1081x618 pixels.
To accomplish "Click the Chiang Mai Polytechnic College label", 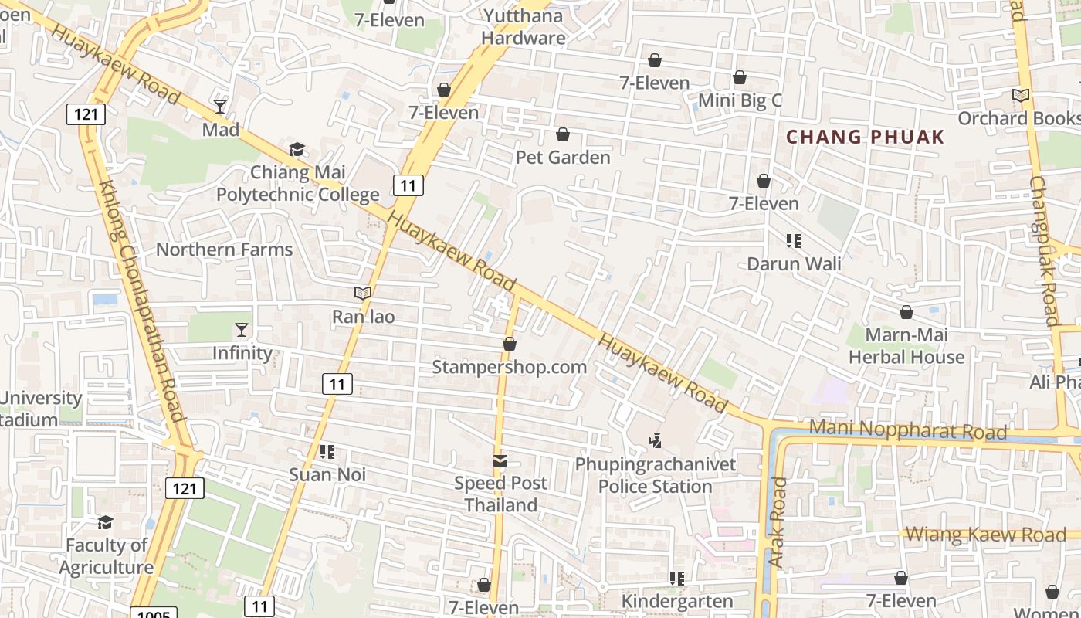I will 297,183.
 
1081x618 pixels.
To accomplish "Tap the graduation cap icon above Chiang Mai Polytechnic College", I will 297,149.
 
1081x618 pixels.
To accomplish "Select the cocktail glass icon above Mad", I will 220,106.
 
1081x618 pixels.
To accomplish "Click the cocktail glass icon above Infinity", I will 242,330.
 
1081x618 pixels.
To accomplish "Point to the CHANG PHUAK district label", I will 865,138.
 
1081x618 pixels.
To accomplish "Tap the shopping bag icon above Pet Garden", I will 563,134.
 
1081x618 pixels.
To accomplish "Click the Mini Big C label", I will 740,100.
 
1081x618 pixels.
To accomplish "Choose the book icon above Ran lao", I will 363,293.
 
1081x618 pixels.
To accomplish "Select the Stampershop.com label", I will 509,366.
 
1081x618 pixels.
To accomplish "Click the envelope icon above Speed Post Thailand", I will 500,461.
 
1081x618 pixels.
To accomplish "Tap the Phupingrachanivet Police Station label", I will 655,475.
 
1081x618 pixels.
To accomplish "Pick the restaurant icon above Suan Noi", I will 327,451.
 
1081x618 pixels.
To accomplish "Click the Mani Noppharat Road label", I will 907,430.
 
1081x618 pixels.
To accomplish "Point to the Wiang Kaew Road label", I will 985,534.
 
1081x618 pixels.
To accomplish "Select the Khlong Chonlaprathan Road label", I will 143,301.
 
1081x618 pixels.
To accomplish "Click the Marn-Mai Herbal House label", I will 906,345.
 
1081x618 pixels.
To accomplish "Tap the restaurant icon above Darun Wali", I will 793,241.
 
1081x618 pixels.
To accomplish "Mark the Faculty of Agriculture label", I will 107,556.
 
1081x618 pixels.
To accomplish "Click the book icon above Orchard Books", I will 1021,96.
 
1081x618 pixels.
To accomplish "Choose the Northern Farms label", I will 224,249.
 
